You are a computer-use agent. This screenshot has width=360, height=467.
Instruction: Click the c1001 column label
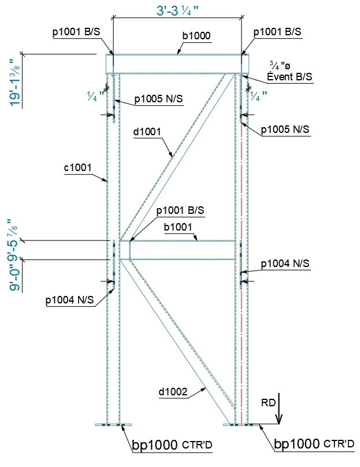tap(78, 168)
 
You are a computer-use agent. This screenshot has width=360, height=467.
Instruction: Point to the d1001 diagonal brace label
tap(147, 132)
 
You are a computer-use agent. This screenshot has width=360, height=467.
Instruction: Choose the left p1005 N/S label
tap(158, 99)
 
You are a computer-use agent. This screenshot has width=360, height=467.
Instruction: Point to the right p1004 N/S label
tap(285, 264)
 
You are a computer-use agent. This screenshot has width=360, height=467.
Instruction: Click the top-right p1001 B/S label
tap(277, 32)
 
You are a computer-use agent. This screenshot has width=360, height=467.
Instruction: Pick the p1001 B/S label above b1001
tap(180, 209)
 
